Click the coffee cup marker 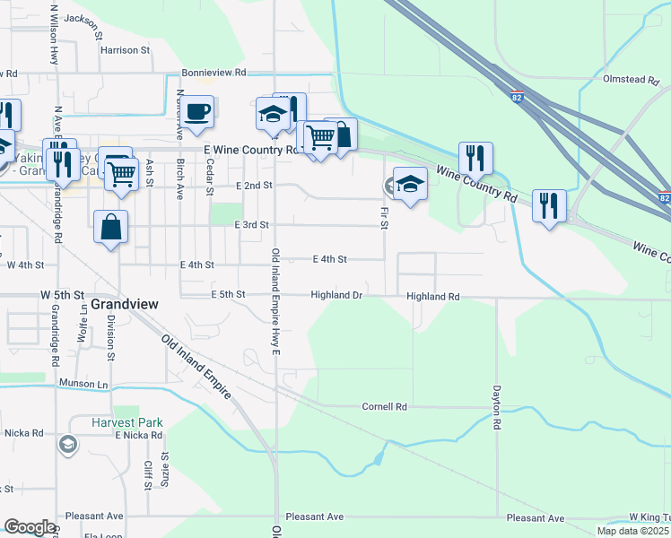199,112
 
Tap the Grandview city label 125,305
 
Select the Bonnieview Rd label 213,72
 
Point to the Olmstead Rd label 631,80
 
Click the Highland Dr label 336,295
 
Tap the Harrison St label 124,50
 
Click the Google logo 30,526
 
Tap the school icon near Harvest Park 67,445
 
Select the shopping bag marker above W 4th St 110,228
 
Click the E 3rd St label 251,225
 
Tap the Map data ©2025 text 633,531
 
